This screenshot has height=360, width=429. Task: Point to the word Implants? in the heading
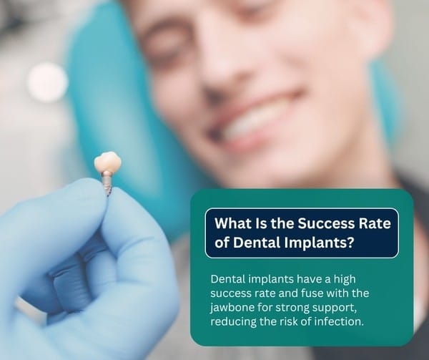point(319,243)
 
